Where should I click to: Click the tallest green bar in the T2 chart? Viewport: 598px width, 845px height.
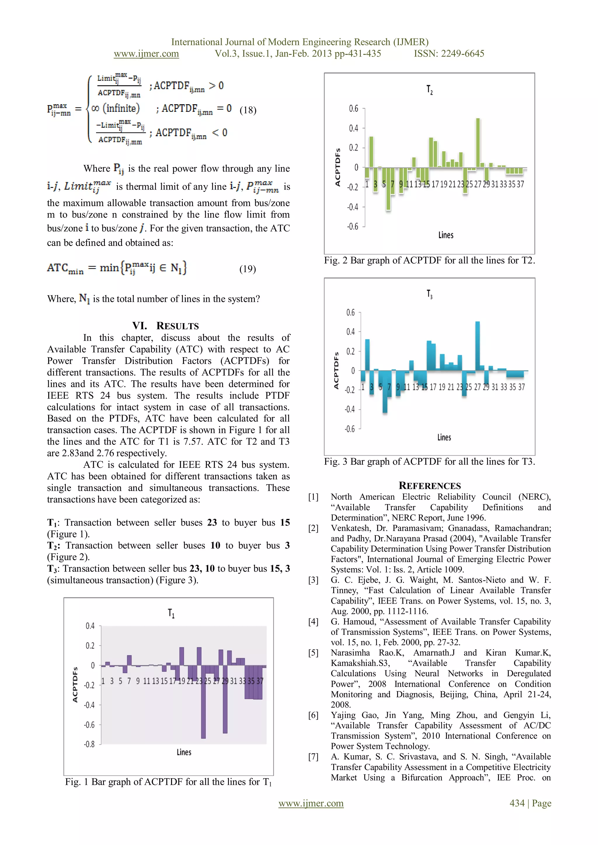click(x=478, y=143)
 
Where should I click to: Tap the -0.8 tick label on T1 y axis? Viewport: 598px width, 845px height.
click(x=89, y=744)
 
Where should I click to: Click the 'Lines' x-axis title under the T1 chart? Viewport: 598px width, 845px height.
click(x=184, y=752)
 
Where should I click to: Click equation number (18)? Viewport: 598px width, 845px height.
click(x=248, y=110)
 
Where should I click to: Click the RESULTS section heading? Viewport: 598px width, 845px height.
click(x=166, y=326)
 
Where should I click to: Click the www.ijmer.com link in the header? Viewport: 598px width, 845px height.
click(x=146, y=54)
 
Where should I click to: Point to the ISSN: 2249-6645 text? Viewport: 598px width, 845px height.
click(x=449, y=54)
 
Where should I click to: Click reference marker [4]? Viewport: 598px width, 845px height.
click(x=313, y=622)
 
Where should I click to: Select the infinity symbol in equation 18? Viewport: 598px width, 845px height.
click(x=95, y=109)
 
